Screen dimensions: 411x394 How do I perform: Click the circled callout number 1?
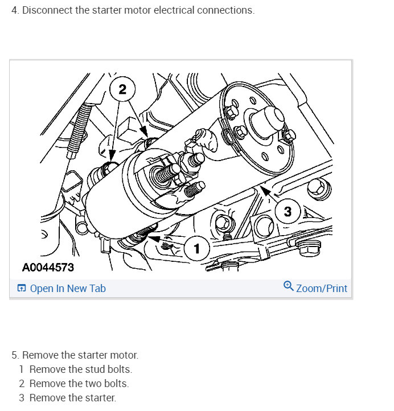(x=197, y=248)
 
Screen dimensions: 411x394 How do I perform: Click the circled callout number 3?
(x=288, y=212)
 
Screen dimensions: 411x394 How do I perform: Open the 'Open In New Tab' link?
(x=67, y=289)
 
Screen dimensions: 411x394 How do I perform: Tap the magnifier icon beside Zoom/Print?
(x=289, y=287)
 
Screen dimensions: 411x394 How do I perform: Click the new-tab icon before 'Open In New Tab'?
(x=22, y=289)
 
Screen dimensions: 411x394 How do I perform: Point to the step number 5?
(x=15, y=355)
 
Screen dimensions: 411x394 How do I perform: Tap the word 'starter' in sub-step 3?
(x=100, y=398)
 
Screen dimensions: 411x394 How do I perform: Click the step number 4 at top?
(x=15, y=11)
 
